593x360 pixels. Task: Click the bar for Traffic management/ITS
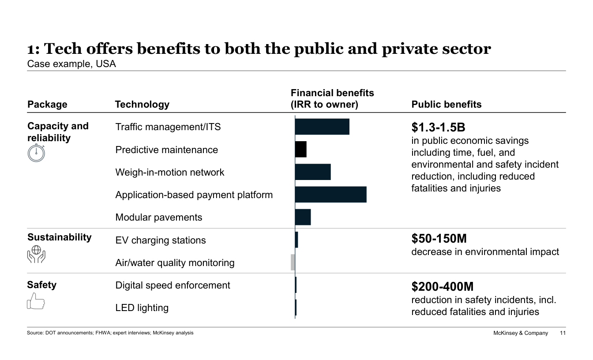pyautogui.click(x=322, y=127)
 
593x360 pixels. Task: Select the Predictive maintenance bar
pyautogui.click(x=301, y=150)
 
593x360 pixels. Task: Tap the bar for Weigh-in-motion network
pyautogui.click(x=313, y=172)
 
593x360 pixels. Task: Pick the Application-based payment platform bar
pyautogui.click(x=330, y=195)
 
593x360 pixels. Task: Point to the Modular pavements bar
pyautogui.click(x=303, y=217)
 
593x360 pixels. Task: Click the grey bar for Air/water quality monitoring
pyautogui.click(x=293, y=262)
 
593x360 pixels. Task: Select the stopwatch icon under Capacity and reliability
pyautogui.click(x=36, y=153)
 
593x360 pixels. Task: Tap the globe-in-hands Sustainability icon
pyautogui.click(x=36, y=255)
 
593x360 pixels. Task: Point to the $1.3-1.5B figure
pyautogui.click(x=438, y=127)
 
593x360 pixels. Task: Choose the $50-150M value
pyautogui.click(x=439, y=239)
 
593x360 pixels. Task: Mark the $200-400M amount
pyautogui.click(x=443, y=287)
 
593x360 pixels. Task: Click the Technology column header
pyautogui.click(x=142, y=105)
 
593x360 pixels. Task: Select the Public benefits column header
pyautogui.click(x=447, y=105)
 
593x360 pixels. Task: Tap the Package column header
pyautogui.click(x=47, y=105)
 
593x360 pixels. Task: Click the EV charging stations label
pyautogui.click(x=161, y=240)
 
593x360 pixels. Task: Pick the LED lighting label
pyautogui.click(x=142, y=307)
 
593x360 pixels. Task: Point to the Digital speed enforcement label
pyautogui.click(x=173, y=285)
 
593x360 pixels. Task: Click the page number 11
pyautogui.click(x=562, y=333)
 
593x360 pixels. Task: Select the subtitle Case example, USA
pyautogui.click(x=71, y=64)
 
